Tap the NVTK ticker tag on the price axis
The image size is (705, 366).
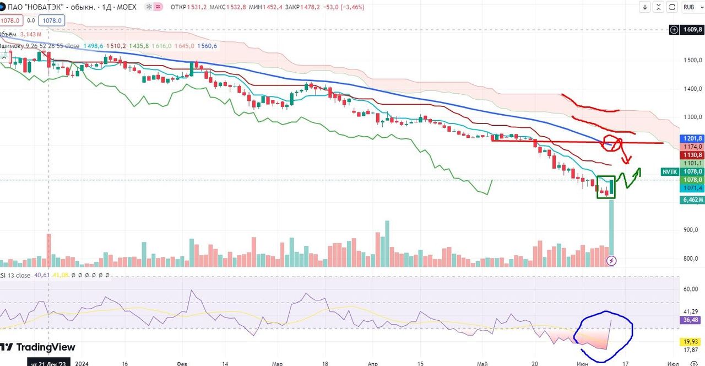(x=669, y=172)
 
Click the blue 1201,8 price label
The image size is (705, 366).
(x=692, y=138)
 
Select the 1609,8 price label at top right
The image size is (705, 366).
(x=692, y=30)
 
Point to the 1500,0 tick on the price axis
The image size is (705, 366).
(x=692, y=60)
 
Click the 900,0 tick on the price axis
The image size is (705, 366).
(x=692, y=230)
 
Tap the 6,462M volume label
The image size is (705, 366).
(x=692, y=200)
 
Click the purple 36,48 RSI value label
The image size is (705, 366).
(x=692, y=320)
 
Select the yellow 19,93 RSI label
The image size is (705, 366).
(x=692, y=342)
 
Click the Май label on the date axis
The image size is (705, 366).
(x=482, y=364)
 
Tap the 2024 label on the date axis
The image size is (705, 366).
(x=82, y=364)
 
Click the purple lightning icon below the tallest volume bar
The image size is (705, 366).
(x=611, y=261)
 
